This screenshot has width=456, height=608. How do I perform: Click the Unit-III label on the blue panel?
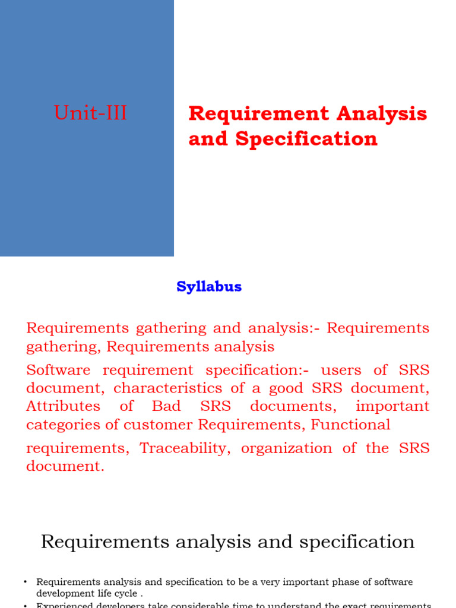90,113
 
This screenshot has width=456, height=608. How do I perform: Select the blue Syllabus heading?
209,287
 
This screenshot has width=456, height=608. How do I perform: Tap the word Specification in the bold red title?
306,139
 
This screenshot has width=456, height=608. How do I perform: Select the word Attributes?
64,407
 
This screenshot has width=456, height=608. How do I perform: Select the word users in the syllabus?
340,370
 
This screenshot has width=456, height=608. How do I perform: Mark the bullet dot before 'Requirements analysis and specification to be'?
26,582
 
